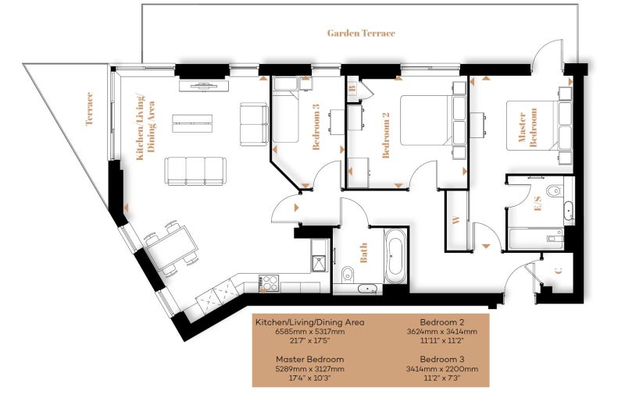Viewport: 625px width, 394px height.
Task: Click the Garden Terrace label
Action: click(x=361, y=33)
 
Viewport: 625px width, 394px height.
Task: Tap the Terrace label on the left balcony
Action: click(x=89, y=108)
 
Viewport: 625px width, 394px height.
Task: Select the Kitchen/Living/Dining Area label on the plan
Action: click(x=146, y=127)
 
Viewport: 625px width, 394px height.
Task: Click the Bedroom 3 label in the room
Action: click(x=316, y=127)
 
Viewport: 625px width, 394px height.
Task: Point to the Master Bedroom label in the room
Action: click(x=527, y=128)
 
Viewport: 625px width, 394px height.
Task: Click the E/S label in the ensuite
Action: click(x=538, y=203)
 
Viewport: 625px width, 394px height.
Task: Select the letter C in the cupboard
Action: click(x=559, y=271)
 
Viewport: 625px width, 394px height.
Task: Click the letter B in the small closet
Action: click(x=352, y=88)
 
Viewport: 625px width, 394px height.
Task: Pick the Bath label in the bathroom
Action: click(x=363, y=253)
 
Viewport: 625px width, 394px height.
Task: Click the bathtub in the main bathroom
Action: click(x=395, y=256)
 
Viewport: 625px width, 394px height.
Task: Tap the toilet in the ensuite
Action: click(x=555, y=191)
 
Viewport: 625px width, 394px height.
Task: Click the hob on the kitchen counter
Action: click(x=269, y=283)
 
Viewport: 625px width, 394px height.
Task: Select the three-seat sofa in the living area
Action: click(x=196, y=171)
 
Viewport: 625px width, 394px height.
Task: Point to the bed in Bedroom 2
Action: click(x=433, y=120)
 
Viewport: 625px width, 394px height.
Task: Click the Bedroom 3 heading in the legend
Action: click(x=442, y=360)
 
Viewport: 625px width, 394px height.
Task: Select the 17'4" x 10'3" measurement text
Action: click(x=309, y=378)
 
